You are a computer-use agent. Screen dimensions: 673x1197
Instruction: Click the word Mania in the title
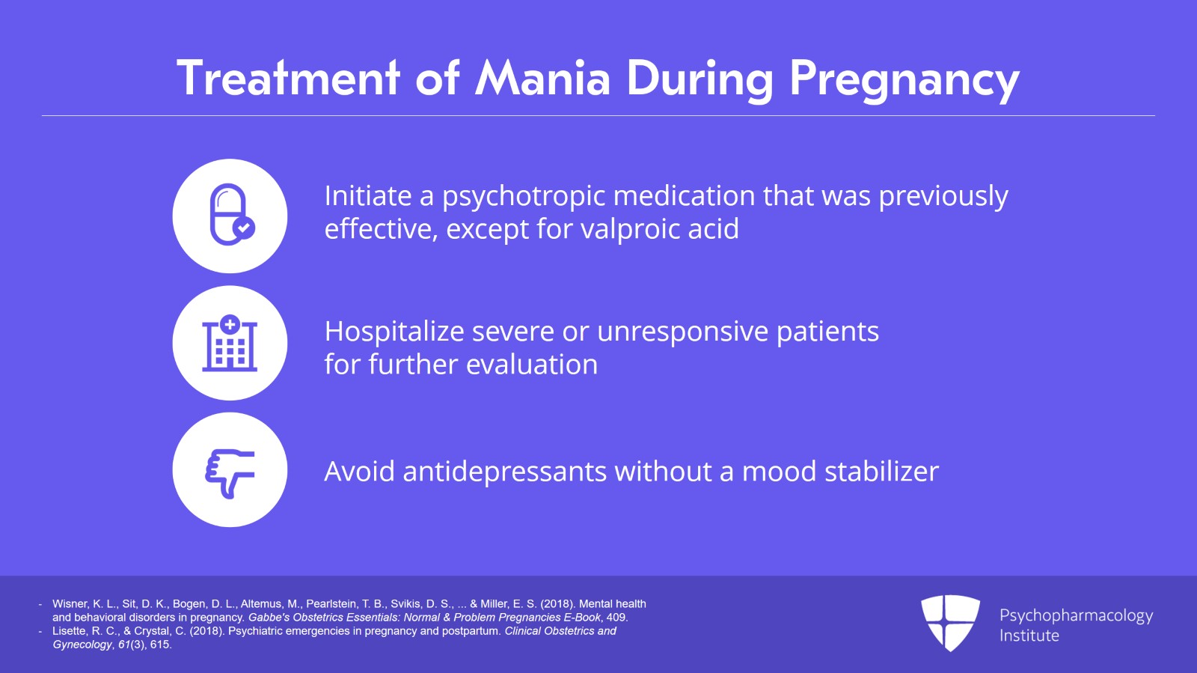click(x=543, y=79)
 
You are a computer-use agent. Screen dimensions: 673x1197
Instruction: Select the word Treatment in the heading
click(x=288, y=79)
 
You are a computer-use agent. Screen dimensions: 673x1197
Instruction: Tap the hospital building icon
click(x=230, y=344)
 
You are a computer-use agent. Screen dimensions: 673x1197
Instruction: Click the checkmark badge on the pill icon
click(x=243, y=228)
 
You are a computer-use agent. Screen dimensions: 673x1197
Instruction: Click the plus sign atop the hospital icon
click(x=230, y=324)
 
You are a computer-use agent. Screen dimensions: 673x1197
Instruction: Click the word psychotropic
click(x=523, y=196)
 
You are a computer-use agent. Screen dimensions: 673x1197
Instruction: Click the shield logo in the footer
click(x=950, y=622)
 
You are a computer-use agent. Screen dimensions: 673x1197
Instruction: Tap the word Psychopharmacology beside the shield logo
click(x=1076, y=615)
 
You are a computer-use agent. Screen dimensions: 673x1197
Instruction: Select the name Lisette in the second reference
click(x=70, y=631)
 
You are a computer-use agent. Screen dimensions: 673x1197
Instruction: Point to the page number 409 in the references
click(x=616, y=618)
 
